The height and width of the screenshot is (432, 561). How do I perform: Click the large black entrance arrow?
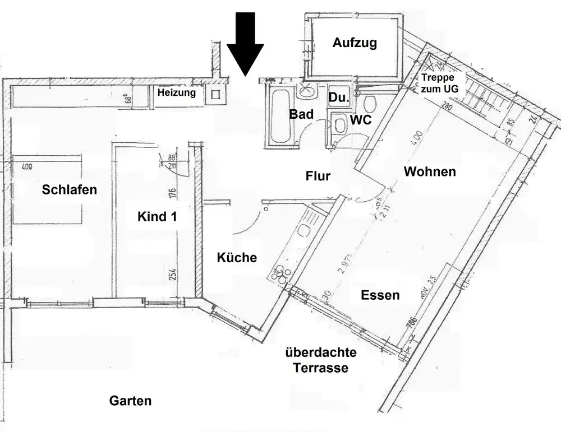[245, 42]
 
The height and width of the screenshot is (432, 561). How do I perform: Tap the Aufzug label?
[355, 43]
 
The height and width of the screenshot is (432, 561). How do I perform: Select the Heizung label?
[177, 93]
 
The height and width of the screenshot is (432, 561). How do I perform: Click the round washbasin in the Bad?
[307, 90]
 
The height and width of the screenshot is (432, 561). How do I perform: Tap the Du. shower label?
[339, 97]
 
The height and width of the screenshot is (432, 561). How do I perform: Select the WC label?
[361, 120]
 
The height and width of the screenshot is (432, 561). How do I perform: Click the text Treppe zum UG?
[442, 83]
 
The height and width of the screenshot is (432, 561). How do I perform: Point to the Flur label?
[318, 176]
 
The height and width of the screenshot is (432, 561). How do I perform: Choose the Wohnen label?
[430, 171]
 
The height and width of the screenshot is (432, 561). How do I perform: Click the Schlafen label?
[70, 190]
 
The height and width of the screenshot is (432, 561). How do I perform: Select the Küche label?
[237, 258]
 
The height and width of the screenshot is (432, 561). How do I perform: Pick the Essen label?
[380, 295]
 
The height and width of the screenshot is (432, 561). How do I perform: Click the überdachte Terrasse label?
[321, 360]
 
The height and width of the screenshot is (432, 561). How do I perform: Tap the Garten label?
[130, 401]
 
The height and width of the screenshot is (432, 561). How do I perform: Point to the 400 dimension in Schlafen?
[26, 166]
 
